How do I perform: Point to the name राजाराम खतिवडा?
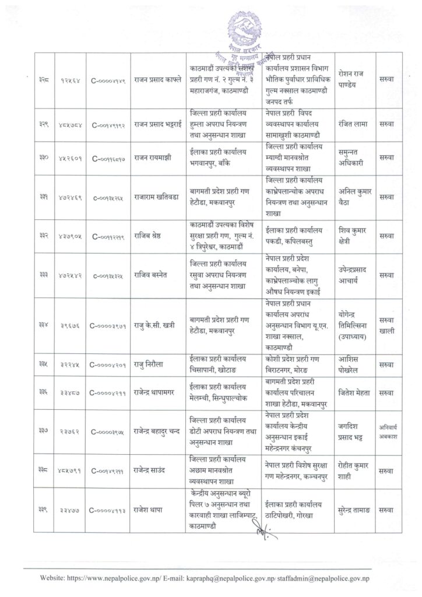[153, 197]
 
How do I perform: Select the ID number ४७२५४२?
[70, 275]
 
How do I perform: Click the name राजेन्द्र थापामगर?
[154, 394]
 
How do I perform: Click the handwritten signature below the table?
[261, 531]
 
